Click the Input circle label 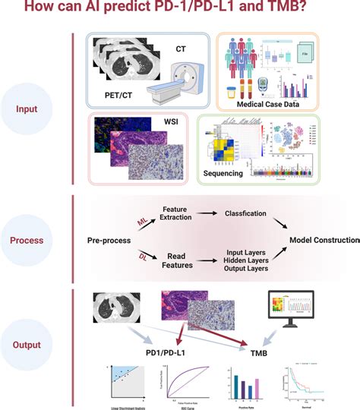[26, 109]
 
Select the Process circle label [26, 241]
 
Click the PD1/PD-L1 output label [177, 353]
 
